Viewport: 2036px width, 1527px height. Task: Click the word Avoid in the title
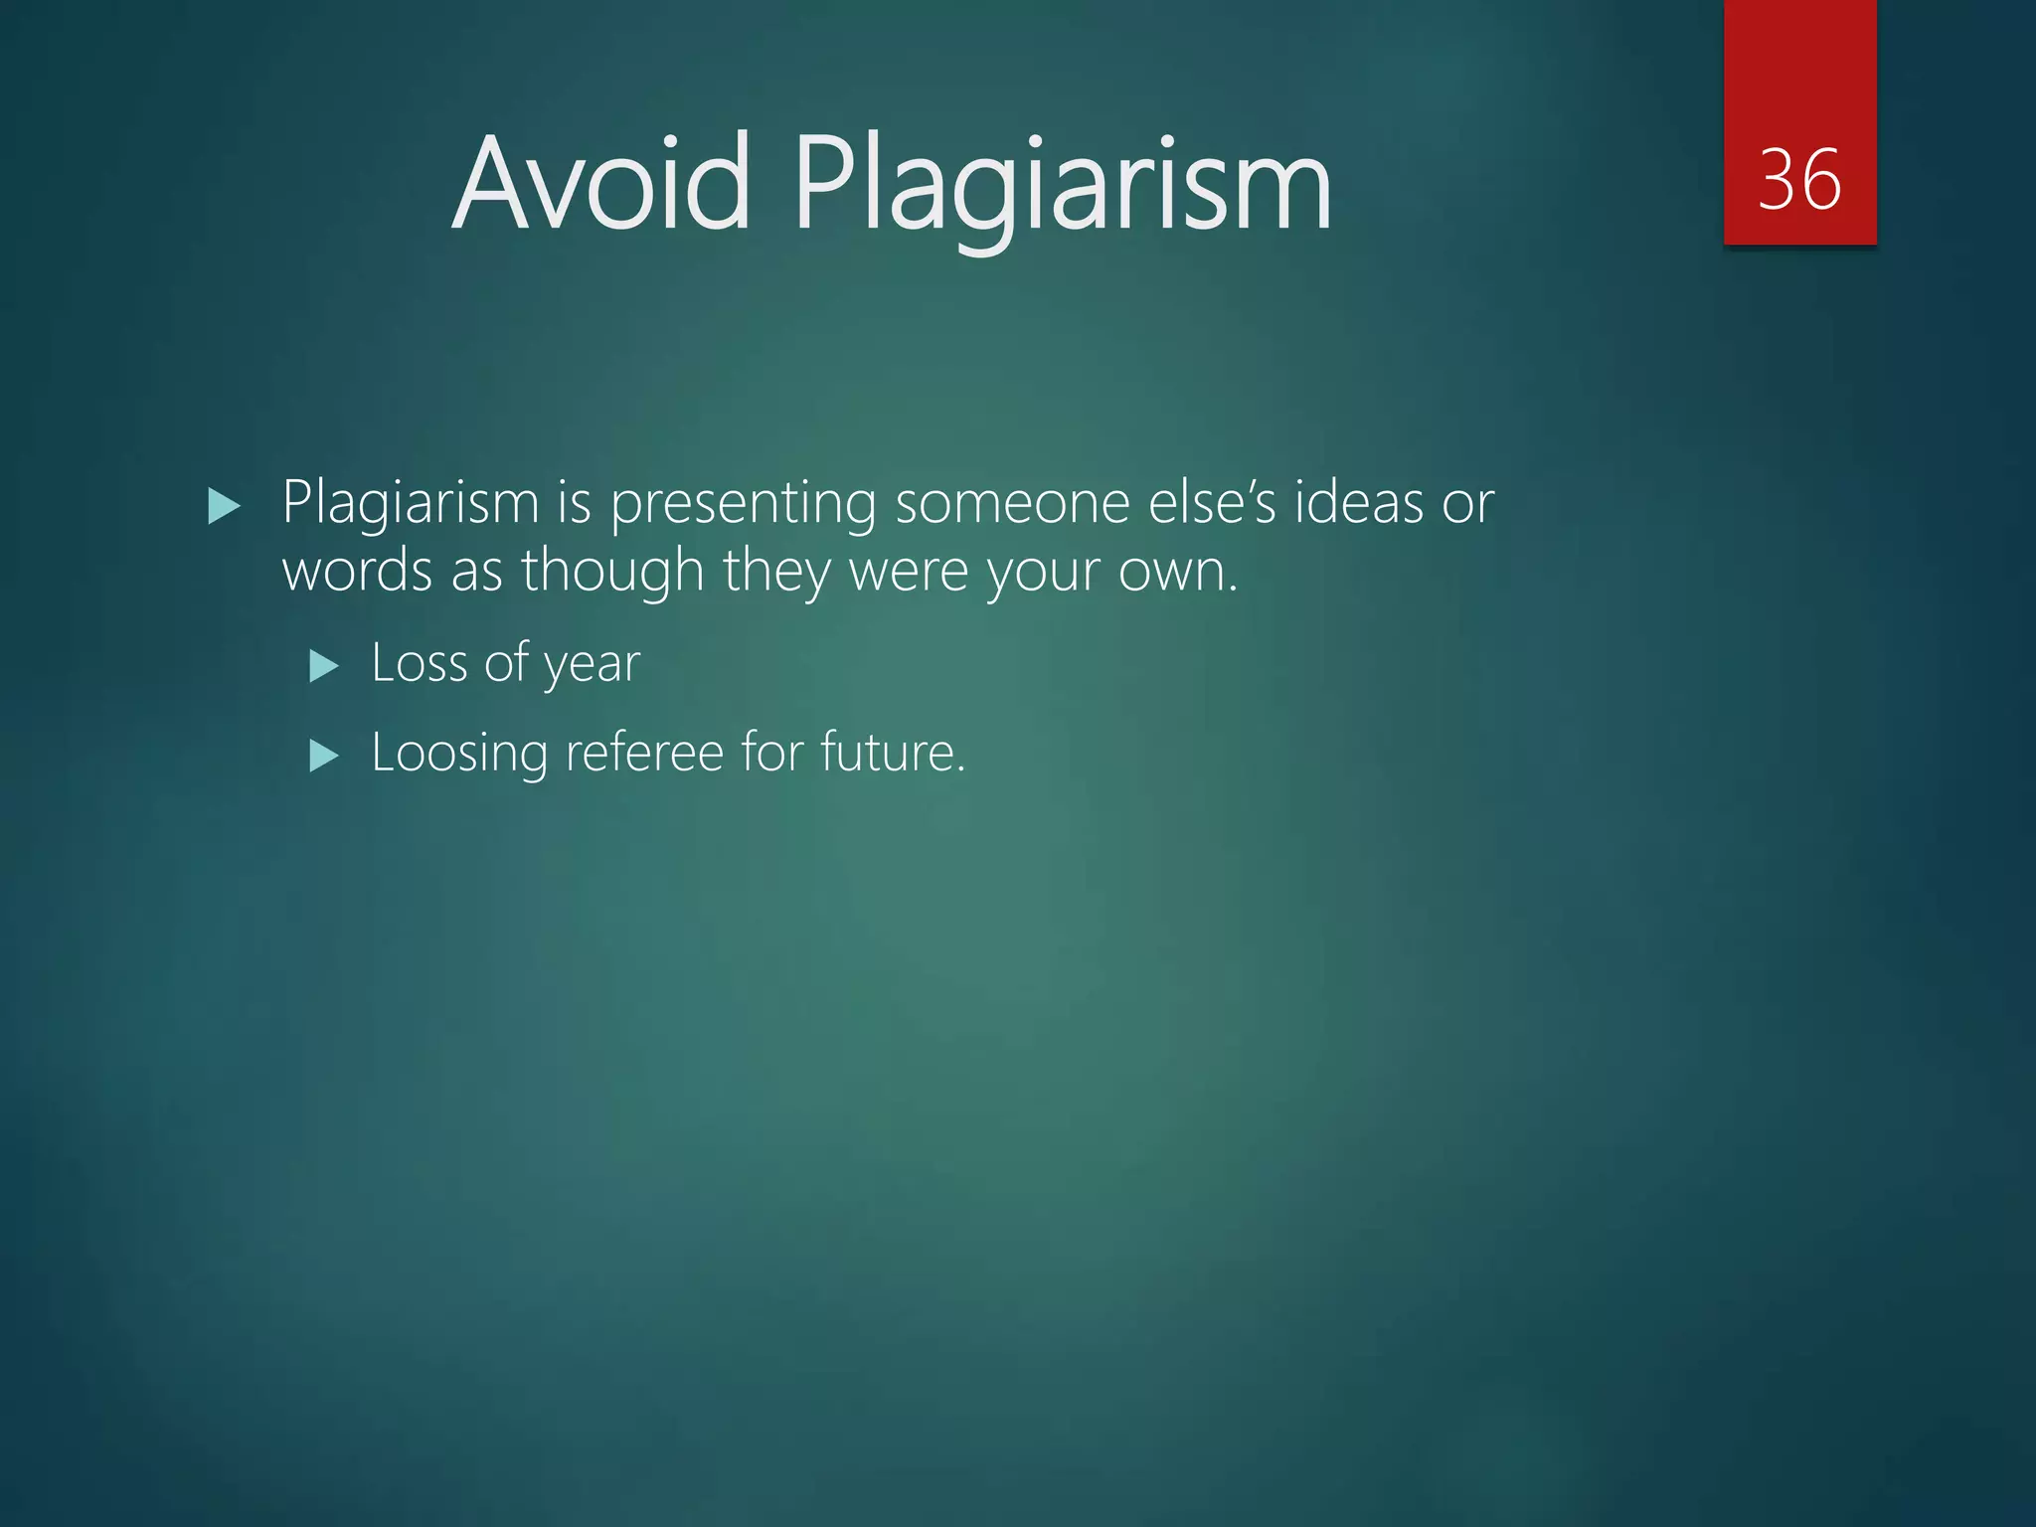[601, 184]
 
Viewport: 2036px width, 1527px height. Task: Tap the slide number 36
[1799, 180]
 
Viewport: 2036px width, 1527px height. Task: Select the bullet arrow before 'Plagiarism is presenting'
[225, 507]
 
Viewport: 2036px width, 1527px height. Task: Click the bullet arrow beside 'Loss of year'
[324, 665]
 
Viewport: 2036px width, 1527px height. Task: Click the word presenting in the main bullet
[743, 504]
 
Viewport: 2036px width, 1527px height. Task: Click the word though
[612, 572]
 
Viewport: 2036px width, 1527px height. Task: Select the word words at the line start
[357, 572]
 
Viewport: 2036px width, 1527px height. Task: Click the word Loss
[419, 662]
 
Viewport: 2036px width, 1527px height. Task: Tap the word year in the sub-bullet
[593, 664]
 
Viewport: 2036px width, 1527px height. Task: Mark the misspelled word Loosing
[458, 754]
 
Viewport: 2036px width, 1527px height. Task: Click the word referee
[643, 753]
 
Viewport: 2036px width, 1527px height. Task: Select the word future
[892, 753]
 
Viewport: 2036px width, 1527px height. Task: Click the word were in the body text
[909, 572]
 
